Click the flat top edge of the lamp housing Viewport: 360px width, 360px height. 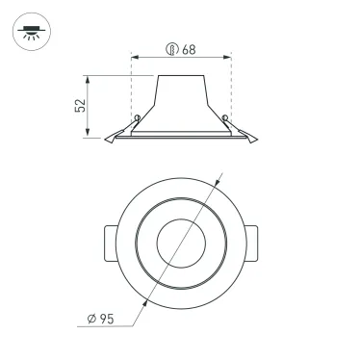point(181,74)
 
